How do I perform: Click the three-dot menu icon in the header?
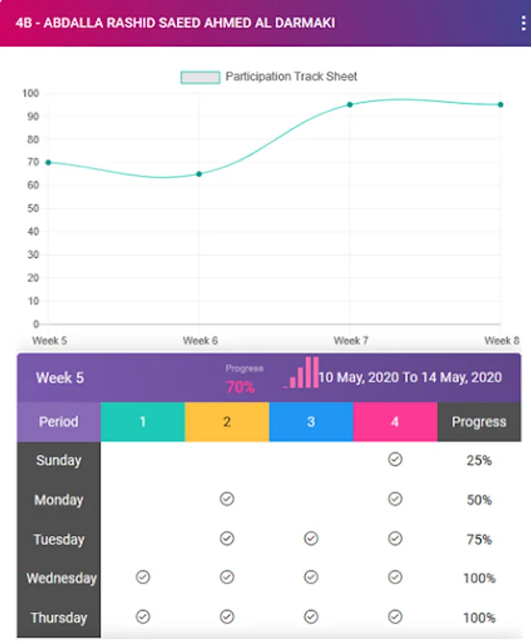pyautogui.click(x=523, y=23)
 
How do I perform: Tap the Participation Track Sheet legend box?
pyautogui.click(x=200, y=77)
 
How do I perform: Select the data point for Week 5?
pyautogui.click(x=48, y=162)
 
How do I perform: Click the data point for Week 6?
pyautogui.click(x=199, y=174)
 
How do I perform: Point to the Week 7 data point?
pyautogui.click(x=350, y=105)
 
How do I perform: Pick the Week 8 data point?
pyautogui.click(x=500, y=105)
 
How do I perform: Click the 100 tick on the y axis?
pyautogui.click(x=30, y=93)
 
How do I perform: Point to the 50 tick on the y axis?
pyautogui.click(x=32, y=209)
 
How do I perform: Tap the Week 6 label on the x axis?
pyautogui.click(x=200, y=340)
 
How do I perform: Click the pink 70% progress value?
pyautogui.click(x=240, y=387)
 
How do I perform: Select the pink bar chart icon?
pyautogui.click(x=302, y=373)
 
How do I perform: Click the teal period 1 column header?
pyautogui.click(x=143, y=422)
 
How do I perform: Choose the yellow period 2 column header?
pyautogui.click(x=227, y=422)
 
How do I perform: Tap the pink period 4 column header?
pyautogui.click(x=395, y=422)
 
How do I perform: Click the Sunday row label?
pyautogui.click(x=58, y=460)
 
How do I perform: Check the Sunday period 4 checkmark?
pyautogui.click(x=395, y=460)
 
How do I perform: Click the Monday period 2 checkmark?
pyautogui.click(x=227, y=499)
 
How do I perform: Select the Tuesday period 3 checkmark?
pyautogui.click(x=311, y=538)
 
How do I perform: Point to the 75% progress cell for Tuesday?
pyautogui.click(x=479, y=539)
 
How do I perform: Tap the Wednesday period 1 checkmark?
pyautogui.click(x=143, y=578)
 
